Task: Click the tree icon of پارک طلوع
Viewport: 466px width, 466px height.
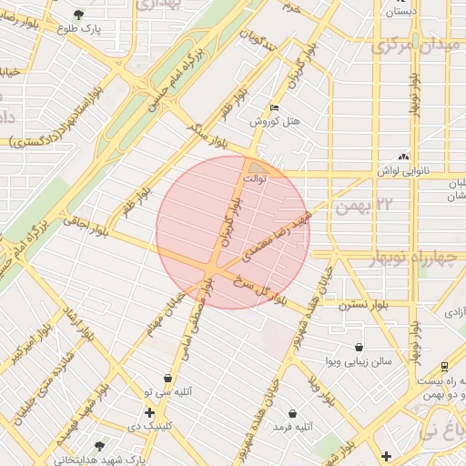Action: [78, 15]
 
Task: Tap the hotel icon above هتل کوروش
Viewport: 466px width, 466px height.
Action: [275, 107]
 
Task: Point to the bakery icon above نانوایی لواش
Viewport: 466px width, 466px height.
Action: [403, 157]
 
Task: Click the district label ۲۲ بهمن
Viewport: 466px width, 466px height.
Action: [360, 208]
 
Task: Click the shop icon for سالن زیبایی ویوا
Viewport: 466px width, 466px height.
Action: [360, 347]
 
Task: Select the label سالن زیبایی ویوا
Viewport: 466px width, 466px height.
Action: [360, 361]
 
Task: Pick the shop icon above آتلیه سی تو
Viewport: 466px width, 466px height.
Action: [167, 378]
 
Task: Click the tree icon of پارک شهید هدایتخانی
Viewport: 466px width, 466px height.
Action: [99, 446]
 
